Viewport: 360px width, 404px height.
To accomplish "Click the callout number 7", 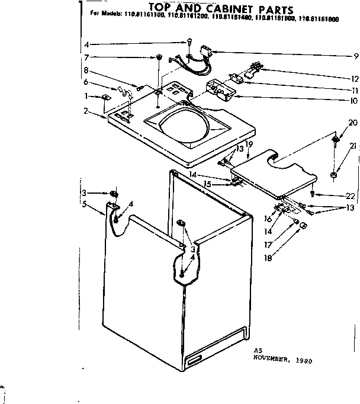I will pyautogui.click(x=86, y=57).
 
